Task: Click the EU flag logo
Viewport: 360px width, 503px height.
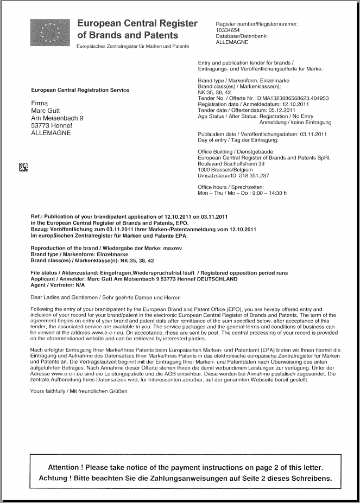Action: pyautogui.click(x=50, y=32)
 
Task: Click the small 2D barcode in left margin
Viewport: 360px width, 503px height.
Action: pyautogui.click(x=22, y=167)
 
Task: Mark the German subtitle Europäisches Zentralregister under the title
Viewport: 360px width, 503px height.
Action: pyautogui.click(x=134, y=47)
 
